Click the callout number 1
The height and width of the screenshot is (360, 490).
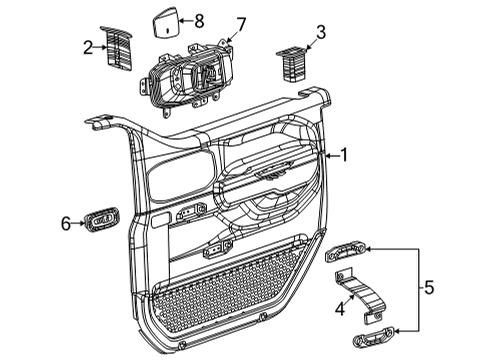click(344, 155)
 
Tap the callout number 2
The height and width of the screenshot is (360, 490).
click(89, 46)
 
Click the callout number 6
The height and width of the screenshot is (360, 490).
click(66, 224)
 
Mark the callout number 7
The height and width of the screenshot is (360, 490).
click(239, 23)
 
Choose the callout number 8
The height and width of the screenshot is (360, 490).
click(198, 19)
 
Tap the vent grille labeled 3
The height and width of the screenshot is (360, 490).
click(293, 63)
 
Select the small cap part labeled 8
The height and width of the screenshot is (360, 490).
click(165, 23)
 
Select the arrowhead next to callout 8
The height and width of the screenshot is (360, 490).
click(183, 20)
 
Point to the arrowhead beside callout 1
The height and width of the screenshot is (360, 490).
click(327, 155)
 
